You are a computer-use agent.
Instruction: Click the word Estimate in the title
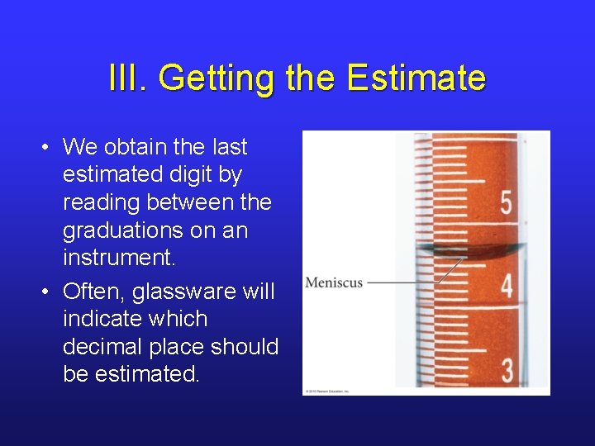tap(416, 78)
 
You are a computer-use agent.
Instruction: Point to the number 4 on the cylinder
tap(506, 287)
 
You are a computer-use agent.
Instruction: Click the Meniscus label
tap(334, 282)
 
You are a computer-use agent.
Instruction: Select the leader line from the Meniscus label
tap(405, 282)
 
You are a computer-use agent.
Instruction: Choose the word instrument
tap(118, 258)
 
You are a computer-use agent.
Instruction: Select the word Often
tap(91, 292)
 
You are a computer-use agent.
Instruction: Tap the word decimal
tap(104, 347)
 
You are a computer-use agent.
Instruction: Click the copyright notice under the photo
tap(328, 391)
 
